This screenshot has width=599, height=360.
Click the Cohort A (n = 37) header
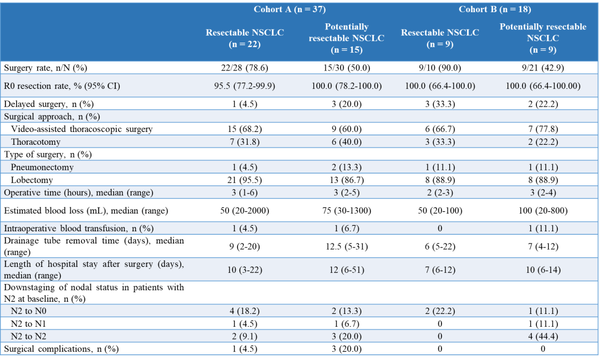coord(290,9)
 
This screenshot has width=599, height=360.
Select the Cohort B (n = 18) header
coord(495,9)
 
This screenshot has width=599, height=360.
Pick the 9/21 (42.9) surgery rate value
coord(542,68)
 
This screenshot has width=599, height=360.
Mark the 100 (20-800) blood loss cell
coord(542,210)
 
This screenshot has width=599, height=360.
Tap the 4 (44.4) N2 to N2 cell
coord(542,337)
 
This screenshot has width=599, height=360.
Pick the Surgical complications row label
coord(61,349)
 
